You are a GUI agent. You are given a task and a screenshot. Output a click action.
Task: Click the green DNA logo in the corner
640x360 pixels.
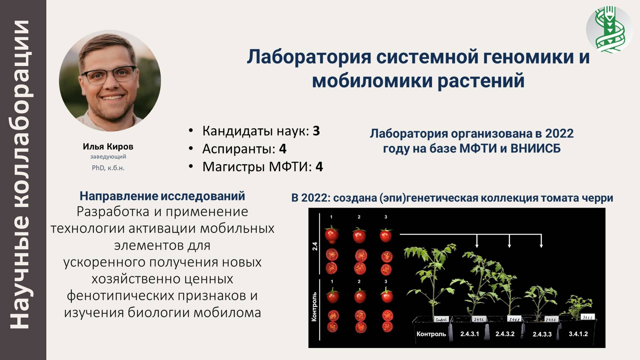click(609, 30)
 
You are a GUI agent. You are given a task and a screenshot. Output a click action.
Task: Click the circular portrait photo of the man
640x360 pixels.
click(110, 81)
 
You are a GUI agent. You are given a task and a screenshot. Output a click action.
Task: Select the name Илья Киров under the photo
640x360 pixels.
click(108, 146)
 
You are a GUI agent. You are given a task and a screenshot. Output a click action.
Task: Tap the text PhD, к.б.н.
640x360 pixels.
click(108, 168)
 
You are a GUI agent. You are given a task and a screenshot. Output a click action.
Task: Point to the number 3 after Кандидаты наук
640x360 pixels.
click(316, 131)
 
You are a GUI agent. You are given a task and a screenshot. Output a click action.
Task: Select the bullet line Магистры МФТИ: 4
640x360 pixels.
click(263, 167)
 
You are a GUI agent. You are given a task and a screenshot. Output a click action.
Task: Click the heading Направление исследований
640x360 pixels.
click(162, 196)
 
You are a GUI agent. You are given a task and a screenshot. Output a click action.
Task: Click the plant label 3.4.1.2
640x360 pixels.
click(578, 334)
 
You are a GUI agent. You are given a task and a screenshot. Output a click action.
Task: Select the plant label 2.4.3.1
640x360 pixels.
click(470, 334)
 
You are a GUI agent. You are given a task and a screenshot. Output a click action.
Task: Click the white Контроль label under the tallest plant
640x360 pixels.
click(431, 334)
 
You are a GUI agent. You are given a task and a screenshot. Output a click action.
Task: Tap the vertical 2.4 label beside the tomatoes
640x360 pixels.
click(315, 246)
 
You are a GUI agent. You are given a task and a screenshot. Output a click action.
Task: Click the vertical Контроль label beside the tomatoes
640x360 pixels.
click(314, 307)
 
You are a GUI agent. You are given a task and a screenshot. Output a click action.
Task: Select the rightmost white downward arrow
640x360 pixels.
click(541, 241)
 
